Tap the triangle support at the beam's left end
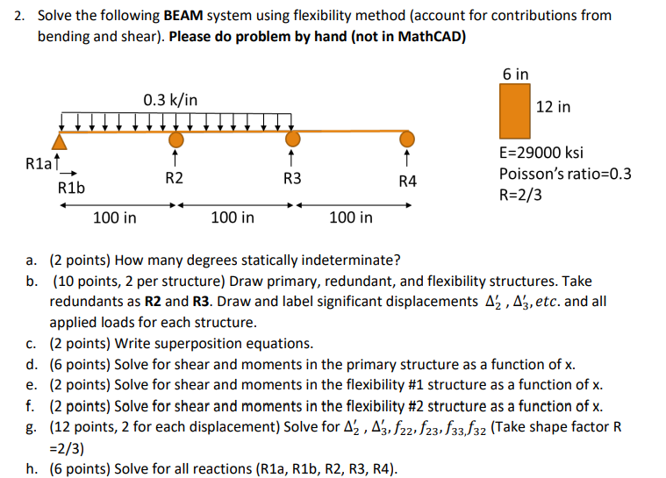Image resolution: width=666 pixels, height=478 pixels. (60, 140)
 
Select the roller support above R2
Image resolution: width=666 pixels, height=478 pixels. (176, 139)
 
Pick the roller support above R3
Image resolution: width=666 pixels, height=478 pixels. (292, 139)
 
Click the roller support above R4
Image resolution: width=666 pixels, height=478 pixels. (406, 139)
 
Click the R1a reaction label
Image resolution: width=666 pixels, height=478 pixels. (39, 162)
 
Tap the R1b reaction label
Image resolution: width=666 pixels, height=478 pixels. (69, 189)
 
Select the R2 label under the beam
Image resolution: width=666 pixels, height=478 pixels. (175, 179)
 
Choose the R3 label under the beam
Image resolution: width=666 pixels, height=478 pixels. (292, 179)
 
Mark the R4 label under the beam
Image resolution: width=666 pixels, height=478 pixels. (407, 181)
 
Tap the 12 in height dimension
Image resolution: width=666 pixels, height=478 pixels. (553, 107)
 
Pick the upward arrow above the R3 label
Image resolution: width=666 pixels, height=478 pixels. (292, 159)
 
